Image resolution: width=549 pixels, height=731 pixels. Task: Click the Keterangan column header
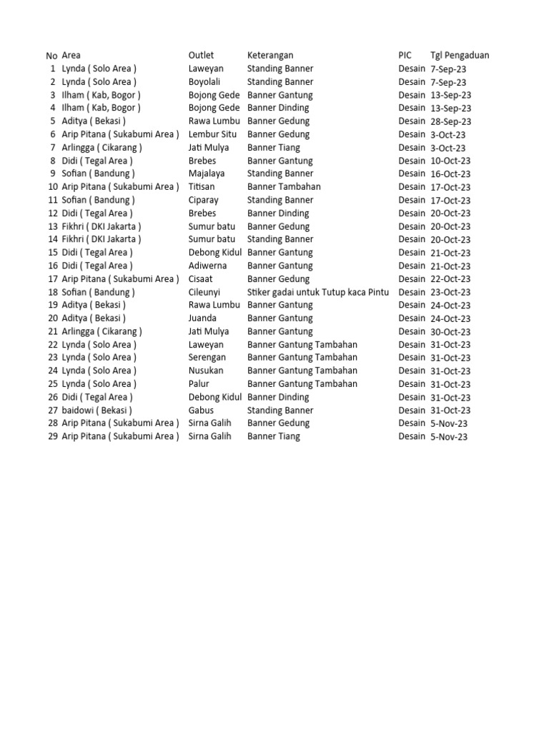[270, 56]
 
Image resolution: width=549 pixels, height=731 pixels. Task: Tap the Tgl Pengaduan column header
[460, 56]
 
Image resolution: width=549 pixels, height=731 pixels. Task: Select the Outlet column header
[201, 56]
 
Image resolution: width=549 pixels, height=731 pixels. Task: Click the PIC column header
[405, 56]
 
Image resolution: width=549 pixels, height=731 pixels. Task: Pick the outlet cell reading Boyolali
[204, 82]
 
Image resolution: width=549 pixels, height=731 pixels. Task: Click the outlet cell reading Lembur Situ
[212, 134]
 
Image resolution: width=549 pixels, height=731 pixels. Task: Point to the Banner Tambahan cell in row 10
[284, 187]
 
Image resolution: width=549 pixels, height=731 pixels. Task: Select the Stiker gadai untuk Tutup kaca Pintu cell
[318, 292]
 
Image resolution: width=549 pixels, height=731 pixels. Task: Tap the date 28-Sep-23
[451, 121]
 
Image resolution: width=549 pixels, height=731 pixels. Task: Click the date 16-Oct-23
[450, 174]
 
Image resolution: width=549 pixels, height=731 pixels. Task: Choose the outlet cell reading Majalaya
[207, 173]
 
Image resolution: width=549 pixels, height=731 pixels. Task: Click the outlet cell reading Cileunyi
[204, 292]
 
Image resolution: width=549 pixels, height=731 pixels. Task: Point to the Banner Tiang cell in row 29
[274, 436]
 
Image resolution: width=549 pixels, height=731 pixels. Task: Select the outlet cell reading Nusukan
[206, 370]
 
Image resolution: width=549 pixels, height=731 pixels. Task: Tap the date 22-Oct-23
[450, 279]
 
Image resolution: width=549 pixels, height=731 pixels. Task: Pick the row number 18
[52, 292]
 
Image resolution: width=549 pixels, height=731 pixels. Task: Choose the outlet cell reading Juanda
[203, 318]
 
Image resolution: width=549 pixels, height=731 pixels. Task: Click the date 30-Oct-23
[450, 332]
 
